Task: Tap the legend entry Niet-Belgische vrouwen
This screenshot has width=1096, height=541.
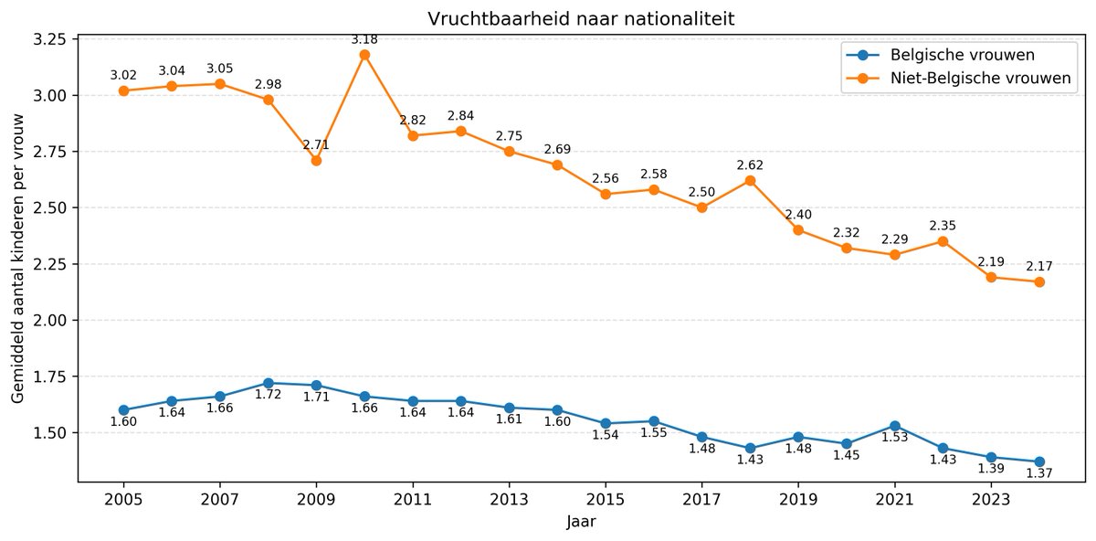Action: tap(967, 79)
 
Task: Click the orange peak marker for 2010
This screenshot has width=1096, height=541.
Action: tap(364, 55)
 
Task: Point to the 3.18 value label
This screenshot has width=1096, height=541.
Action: tap(364, 39)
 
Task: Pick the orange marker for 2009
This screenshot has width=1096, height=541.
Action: tap(316, 160)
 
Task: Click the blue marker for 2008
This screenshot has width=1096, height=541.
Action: tap(268, 383)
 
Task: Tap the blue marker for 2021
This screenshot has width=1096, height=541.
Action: tap(895, 426)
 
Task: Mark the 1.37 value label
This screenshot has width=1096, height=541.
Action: tap(1039, 472)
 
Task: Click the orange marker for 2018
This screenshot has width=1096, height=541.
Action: tap(751, 180)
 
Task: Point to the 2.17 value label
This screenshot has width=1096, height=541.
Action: tap(1039, 267)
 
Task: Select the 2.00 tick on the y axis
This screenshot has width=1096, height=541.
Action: tap(52, 320)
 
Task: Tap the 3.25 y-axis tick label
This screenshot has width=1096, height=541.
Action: tap(52, 39)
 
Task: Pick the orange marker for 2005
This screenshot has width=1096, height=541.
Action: tap(123, 90)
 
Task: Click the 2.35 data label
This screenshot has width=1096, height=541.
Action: tap(943, 226)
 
